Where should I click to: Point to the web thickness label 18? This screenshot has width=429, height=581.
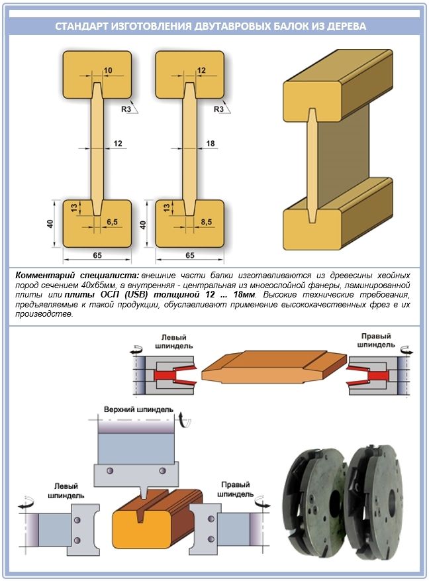click(x=211, y=143)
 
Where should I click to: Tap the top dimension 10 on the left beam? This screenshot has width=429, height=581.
click(x=109, y=70)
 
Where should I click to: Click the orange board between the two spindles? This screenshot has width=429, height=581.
click(x=273, y=366)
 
